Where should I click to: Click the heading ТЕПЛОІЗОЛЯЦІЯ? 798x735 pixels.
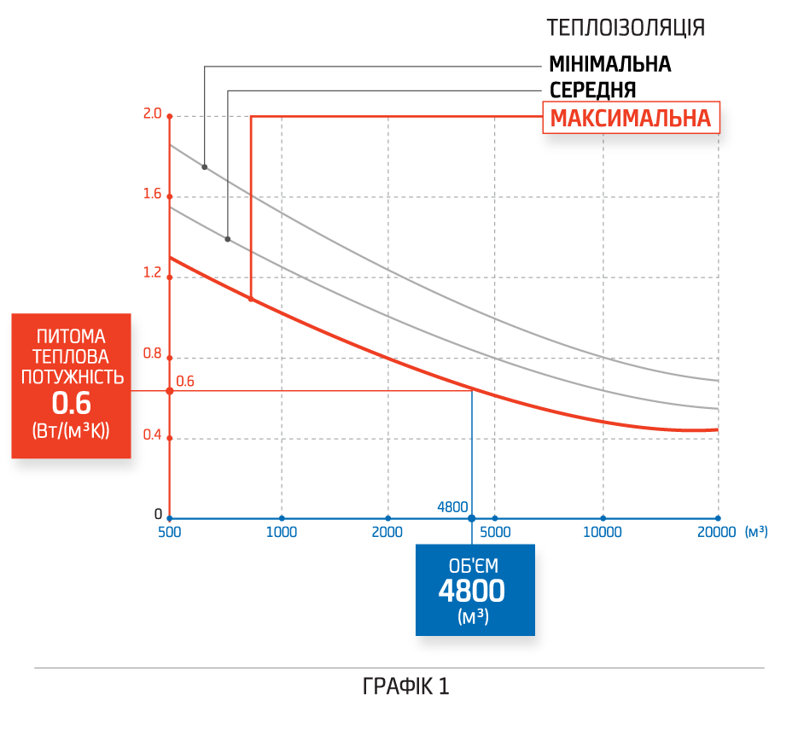coord(626,28)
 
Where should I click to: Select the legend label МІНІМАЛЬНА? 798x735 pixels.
coord(609,64)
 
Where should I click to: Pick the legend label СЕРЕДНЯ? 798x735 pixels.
coord(592,90)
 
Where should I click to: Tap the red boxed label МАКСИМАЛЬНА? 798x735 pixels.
coord(630,119)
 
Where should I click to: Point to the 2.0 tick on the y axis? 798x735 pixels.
coord(153,114)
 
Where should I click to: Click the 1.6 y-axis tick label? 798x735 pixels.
coord(153,194)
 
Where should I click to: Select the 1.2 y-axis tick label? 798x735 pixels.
coord(153,273)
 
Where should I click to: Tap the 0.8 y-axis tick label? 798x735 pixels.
coord(153,353)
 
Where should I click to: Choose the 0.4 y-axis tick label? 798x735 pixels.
coord(153,435)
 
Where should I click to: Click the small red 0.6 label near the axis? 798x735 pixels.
coord(185,382)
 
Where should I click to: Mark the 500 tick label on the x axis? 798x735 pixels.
coord(171,533)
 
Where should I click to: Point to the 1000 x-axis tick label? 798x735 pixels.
coord(282,533)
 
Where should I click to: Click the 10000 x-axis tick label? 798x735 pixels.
coord(603,533)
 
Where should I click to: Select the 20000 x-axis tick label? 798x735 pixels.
coord(716,533)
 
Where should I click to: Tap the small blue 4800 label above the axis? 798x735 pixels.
coord(451,507)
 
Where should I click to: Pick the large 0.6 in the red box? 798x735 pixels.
coord(71,404)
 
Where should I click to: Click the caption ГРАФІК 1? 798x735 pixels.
coord(405,687)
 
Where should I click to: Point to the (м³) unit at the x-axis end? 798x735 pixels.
coord(756,533)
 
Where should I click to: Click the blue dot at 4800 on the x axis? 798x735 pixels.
coord(471,518)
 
